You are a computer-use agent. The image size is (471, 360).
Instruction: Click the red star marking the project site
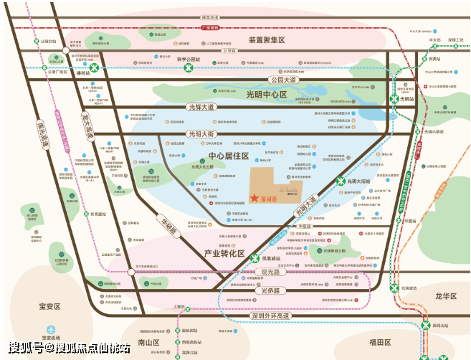254,198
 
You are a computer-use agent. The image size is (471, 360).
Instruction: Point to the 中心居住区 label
228,156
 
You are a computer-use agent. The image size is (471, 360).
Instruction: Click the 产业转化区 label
224,253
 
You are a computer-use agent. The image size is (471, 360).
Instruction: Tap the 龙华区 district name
432,295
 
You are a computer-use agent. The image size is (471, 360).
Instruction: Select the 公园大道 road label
281,80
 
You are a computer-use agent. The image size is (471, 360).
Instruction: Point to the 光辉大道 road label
201,107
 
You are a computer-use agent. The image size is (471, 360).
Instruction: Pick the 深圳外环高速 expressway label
262,316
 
